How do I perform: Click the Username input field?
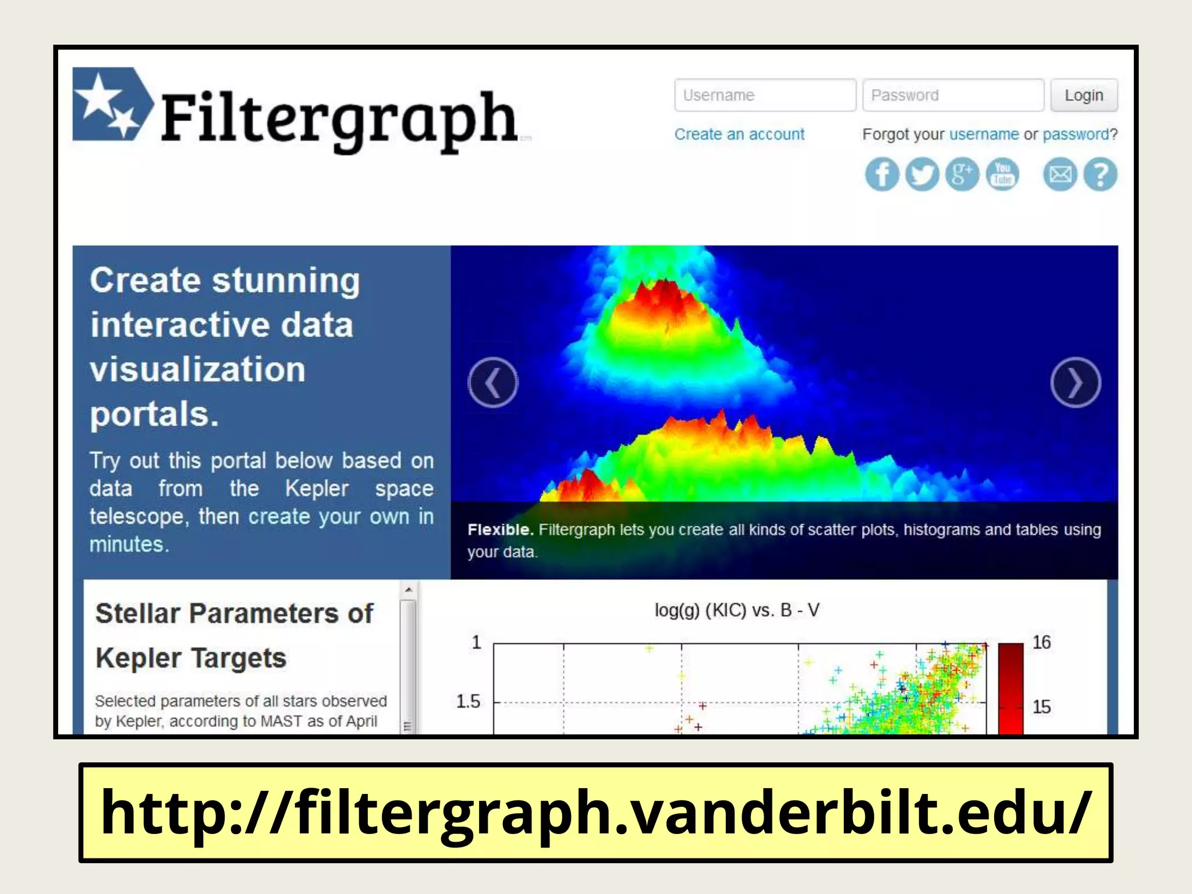pyautogui.click(x=764, y=95)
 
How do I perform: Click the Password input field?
pyautogui.click(x=952, y=95)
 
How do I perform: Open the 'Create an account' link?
pyautogui.click(x=739, y=134)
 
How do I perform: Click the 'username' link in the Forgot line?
pyautogui.click(x=984, y=134)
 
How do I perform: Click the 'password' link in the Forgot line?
pyautogui.click(x=1076, y=134)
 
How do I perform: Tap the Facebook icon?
pyautogui.click(x=882, y=175)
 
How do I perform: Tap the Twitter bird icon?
pyautogui.click(x=922, y=175)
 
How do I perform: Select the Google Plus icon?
pyautogui.click(x=962, y=175)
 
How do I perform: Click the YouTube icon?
pyautogui.click(x=1002, y=175)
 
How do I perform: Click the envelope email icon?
pyautogui.click(x=1060, y=175)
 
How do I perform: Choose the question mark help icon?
pyautogui.click(x=1100, y=175)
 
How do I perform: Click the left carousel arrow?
pyautogui.click(x=493, y=382)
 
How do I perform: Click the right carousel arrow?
pyautogui.click(x=1075, y=382)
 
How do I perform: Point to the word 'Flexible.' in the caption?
pyautogui.click(x=500, y=530)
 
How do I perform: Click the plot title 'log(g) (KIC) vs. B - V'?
pyautogui.click(x=737, y=610)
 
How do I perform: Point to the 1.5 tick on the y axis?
pyautogui.click(x=468, y=701)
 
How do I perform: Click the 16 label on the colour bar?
pyautogui.click(x=1041, y=643)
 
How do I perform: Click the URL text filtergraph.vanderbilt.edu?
pyautogui.click(x=595, y=813)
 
